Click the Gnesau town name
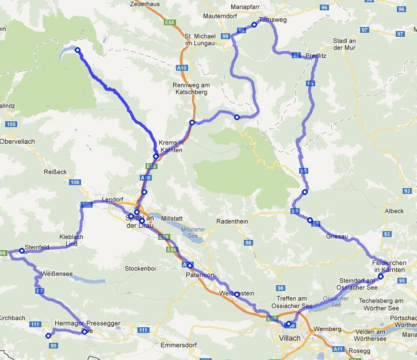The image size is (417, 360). pos(337,236)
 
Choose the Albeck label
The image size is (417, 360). pos(395,211)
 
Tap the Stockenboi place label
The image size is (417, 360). pos(139,267)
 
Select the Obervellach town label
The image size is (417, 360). pos(18,141)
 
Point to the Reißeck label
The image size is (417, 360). pos(56,171)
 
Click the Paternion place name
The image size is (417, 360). pos(200,275)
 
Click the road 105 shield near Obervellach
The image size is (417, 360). pos(11,124)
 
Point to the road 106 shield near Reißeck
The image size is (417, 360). pos(75,182)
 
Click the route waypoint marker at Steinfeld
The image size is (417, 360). pos(22,250)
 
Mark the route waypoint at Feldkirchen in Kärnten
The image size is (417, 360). pos(381,276)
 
